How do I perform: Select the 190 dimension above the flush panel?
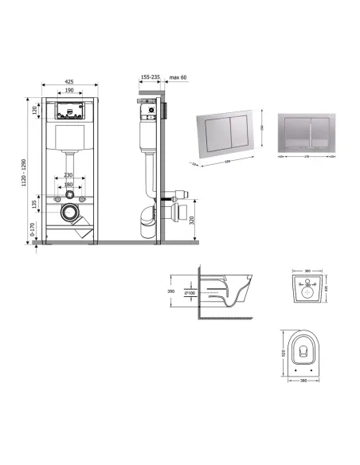coord(70,91)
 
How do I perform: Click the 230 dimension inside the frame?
coord(68,175)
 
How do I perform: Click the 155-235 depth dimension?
coord(149,78)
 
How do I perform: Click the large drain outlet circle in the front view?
coord(69,214)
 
